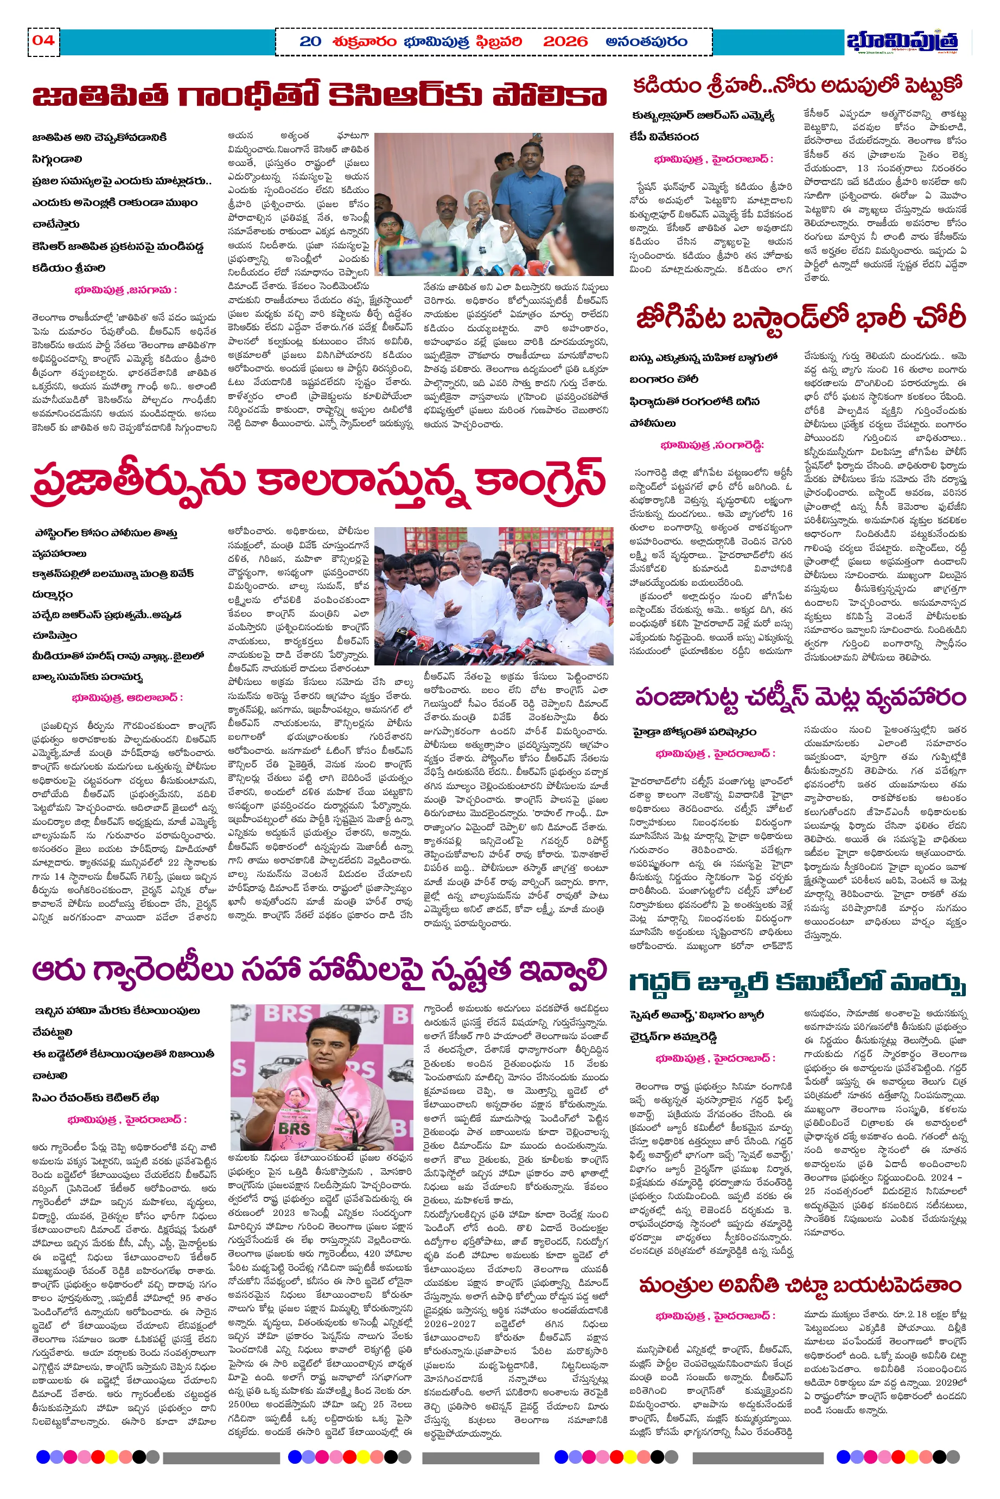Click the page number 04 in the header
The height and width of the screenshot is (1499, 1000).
pyautogui.click(x=43, y=41)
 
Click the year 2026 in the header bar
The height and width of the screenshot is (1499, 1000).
pyautogui.click(x=564, y=42)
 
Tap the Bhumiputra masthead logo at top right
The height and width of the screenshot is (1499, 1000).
pyautogui.click(x=902, y=41)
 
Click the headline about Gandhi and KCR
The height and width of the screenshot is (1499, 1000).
pyautogui.click(x=319, y=97)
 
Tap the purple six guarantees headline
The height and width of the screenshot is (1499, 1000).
pyautogui.click(x=319, y=971)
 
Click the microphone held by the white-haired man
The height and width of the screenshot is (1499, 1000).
pyautogui.click(x=477, y=222)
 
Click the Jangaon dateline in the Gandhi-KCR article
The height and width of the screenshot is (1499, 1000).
pyautogui.click(x=126, y=291)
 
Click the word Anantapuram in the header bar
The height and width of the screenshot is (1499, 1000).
pyautogui.click(x=646, y=42)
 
